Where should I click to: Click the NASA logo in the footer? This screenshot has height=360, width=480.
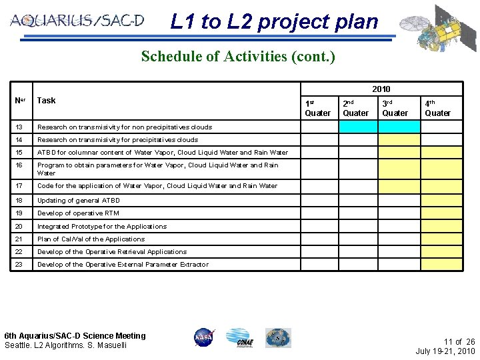click(205, 337)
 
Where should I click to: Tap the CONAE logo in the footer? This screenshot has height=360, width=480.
click(238, 337)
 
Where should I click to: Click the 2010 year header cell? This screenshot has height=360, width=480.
click(381, 89)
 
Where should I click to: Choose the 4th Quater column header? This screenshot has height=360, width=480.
click(439, 108)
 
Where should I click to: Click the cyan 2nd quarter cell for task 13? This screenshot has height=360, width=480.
click(359, 127)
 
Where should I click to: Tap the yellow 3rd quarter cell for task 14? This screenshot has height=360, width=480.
click(399, 140)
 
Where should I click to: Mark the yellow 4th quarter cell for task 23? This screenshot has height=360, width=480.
click(440, 265)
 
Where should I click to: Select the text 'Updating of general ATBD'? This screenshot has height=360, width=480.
click(78, 200)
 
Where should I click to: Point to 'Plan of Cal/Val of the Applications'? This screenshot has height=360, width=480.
click(91, 239)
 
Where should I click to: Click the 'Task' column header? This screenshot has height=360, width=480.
click(47, 101)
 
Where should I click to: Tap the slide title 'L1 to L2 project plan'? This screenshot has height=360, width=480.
click(274, 22)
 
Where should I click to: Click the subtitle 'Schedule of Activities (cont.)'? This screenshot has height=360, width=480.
click(238, 56)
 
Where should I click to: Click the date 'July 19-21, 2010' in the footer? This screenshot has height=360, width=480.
click(445, 351)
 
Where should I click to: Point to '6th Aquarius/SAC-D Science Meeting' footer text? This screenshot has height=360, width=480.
click(75, 336)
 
